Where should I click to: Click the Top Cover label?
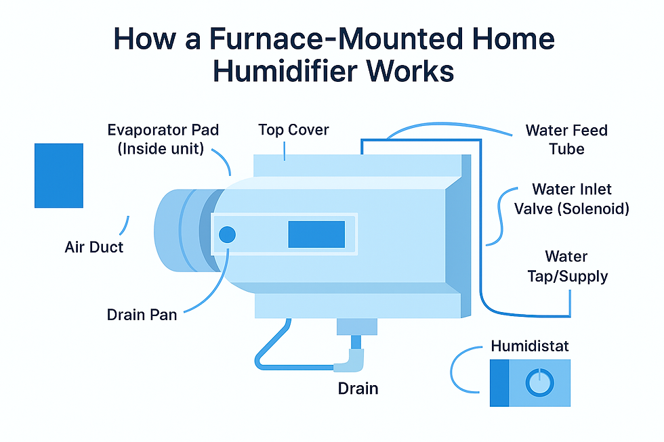[x=294, y=129]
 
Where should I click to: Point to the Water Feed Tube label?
[x=566, y=139]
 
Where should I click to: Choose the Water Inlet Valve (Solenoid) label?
[x=571, y=199]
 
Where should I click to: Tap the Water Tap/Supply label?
[x=566, y=267]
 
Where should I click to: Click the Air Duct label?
[x=94, y=248]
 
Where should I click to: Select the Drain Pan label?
[x=142, y=315]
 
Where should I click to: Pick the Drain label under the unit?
[x=358, y=389]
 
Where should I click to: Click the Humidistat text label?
[x=529, y=346]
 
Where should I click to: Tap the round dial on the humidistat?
[x=540, y=382]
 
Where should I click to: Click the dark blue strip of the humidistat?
[x=499, y=382]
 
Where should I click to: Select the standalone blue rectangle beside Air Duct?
[x=59, y=175]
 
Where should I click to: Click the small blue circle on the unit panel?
[x=227, y=234]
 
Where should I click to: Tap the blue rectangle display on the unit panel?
[x=316, y=234]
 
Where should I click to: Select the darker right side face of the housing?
[x=459, y=234]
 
